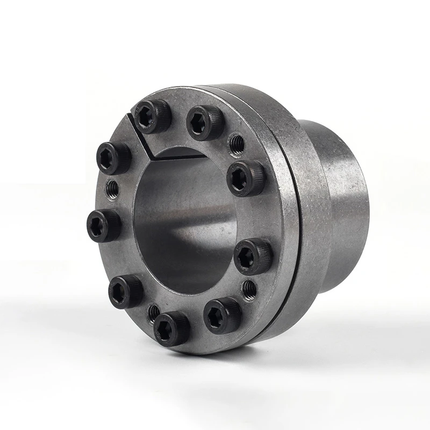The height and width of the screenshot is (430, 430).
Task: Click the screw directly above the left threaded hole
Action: click(114, 158)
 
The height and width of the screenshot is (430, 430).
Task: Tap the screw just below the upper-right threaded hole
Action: click(246, 178)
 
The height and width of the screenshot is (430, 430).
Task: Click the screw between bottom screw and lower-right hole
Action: click(222, 315)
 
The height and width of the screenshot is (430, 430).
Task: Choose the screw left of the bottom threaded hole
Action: click(126, 291)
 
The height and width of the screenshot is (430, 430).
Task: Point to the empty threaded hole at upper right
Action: click(236, 144)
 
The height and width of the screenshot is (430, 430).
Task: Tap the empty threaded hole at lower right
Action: click(249, 289)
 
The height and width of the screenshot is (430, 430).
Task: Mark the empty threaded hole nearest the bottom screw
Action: click(154, 312)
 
